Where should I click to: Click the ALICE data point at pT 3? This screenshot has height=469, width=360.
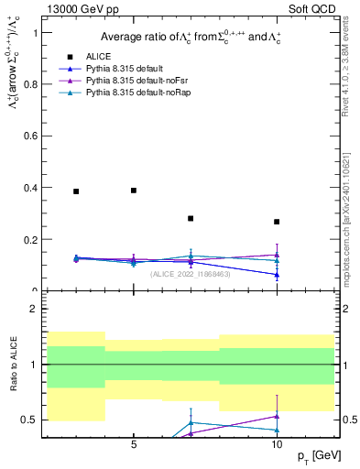(x=76, y=191)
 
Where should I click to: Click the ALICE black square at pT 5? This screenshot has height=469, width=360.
(x=134, y=191)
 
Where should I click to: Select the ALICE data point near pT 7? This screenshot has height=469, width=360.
(x=191, y=218)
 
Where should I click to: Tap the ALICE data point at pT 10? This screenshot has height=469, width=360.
(x=277, y=222)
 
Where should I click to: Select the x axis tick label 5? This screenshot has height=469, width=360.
(x=134, y=445)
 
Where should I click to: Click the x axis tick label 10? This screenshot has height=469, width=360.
(x=277, y=445)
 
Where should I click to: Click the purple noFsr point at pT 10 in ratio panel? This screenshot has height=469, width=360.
(x=277, y=416)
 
